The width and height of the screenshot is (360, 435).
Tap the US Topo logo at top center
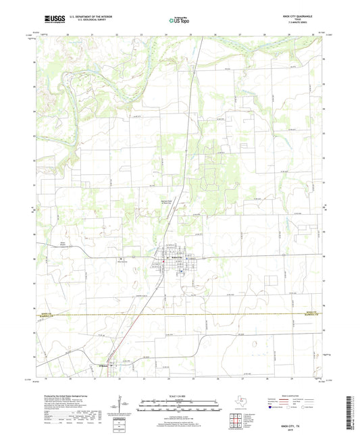click(x=177, y=20)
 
